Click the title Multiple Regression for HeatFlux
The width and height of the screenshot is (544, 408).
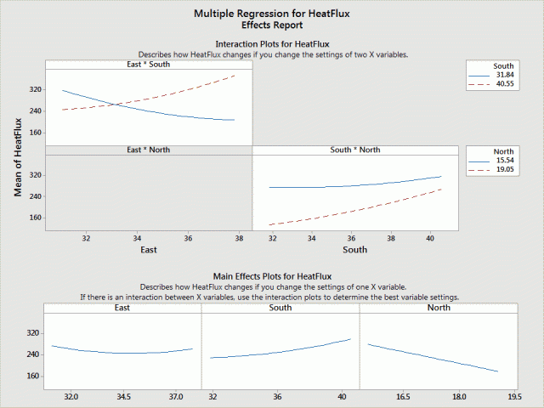pyautogui.click(x=272, y=14)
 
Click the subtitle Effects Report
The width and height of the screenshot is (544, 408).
pyautogui.click(x=272, y=25)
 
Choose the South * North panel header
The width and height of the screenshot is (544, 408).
pyautogui.click(x=355, y=150)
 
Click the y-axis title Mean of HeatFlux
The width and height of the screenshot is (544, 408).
pyautogui.click(x=18, y=156)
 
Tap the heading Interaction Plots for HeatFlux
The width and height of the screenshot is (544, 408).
pyautogui.click(x=272, y=43)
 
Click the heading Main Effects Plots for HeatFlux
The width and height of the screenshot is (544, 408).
pyautogui.click(x=272, y=276)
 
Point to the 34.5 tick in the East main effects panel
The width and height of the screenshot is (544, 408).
pyautogui.click(x=123, y=397)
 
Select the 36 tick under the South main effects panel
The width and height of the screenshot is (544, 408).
pyautogui.click(x=277, y=397)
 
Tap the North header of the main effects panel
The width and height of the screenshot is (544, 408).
pyautogui.click(x=439, y=308)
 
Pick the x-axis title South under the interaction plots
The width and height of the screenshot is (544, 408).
pyautogui.click(x=355, y=250)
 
